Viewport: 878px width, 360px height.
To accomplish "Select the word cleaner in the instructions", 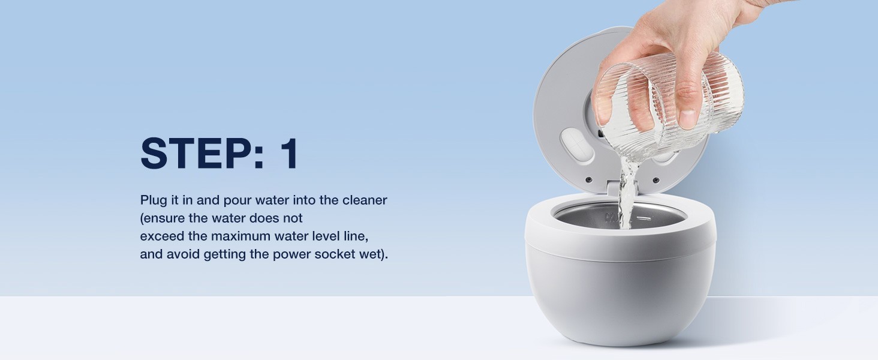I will tap(365, 200).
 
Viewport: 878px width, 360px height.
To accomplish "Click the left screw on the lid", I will tap(589, 179).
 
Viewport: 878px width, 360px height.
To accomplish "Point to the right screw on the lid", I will tap(656, 180).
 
